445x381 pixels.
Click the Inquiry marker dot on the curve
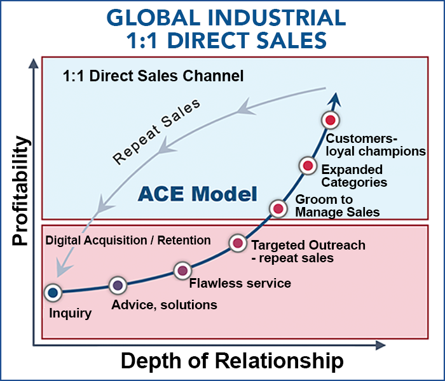[x=53, y=292]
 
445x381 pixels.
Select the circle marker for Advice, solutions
[x=117, y=286]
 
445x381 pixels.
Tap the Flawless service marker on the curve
[x=182, y=270]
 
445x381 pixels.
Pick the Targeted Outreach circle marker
[x=238, y=243]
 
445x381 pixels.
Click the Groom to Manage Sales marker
[x=278, y=208]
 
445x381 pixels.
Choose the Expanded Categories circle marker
[x=308, y=166]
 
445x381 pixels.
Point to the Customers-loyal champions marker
[x=329, y=119]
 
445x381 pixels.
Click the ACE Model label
[x=197, y=193]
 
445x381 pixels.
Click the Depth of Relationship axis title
[x=232, y=361]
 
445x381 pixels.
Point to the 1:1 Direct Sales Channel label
[x=153, y=77]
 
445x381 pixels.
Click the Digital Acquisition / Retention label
[x=128, y=240]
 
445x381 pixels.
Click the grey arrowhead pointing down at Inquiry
[x=60, y=270]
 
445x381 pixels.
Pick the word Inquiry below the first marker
[x=71, y=313]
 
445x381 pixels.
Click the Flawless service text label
[x=240, y=283]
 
